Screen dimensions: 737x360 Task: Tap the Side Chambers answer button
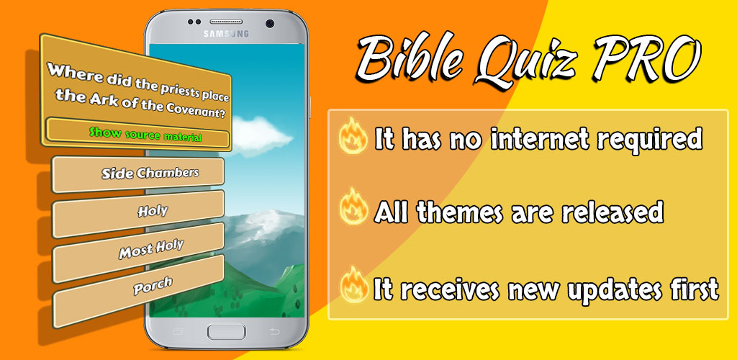pyautogui.click(x=137, y=174)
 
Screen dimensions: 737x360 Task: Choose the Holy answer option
pyautogui.click(x=137, y=213)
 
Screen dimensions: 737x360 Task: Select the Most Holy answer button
pyautogui.click(x=137, y=253)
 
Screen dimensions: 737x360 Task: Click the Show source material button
pyautogui.click(x=137, y=133)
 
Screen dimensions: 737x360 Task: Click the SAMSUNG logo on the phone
pyautogui.click(x=226, y=35)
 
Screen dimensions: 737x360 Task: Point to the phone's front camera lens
pyautogui.click(x=270, y=22)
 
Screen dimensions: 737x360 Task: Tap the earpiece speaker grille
pyautogui.click(x=226, y=22)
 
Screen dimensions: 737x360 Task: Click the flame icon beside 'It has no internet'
pyautogui.click(x=353, y=137)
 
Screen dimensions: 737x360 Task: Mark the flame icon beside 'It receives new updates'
pyautogui.click(x=353, y=285)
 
